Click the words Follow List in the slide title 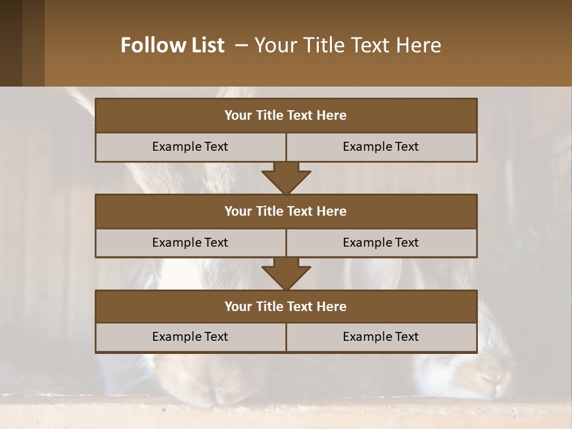tap(172, 45)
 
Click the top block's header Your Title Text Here tap(285, 116)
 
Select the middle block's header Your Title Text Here tap(285, 211)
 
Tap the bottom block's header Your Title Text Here tap(285, 306)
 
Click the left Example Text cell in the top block tap(190, 147)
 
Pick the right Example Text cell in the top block tap(381, 147)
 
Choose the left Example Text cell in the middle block tap(190, 243)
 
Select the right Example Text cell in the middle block tap(381, 243)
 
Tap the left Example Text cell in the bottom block tap(190, 337)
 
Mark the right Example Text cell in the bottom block tap(381, 337)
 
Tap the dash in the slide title tap(241, 45)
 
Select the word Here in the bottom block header tap(332, 306)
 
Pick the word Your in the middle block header tap(238, 211)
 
